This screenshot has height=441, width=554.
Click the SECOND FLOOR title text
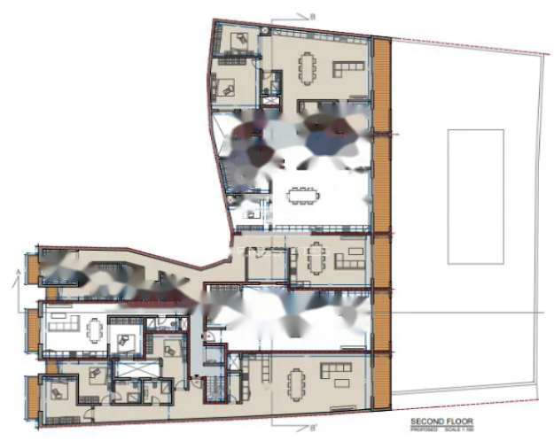[x=441, y=422]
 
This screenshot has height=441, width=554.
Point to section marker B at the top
[x=313, y=15]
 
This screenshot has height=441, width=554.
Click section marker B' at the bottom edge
[x=312, y=429]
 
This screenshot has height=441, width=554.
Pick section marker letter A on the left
[x=19, y=270]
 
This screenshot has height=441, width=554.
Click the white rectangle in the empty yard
[x=475, y=196]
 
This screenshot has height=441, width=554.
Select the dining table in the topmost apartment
[x=306, y=66]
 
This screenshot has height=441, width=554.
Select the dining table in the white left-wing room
[x=96, y=329]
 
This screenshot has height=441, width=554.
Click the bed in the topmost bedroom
[x=240, y=39]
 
